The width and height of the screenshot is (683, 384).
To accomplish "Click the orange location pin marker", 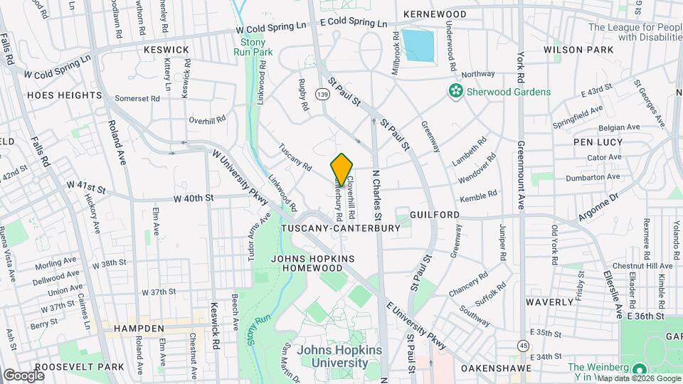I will (341, 169).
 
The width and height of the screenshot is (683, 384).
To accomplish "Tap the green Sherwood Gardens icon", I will (454, 91).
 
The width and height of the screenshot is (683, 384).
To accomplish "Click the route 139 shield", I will (324, 94).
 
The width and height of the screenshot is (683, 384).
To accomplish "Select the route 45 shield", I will (524, 345).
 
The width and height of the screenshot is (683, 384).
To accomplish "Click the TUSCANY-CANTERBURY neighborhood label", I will (341, 228).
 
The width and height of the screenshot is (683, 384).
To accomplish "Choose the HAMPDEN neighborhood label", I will (132, 329).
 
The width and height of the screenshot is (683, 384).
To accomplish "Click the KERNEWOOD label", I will (434, 14).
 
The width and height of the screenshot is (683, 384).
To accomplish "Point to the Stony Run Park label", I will (253, 47).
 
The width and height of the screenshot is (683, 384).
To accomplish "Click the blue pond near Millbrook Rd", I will (418, 45).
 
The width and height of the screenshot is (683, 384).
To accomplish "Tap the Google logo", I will (23, 375).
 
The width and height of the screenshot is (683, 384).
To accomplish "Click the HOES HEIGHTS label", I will (55, 95).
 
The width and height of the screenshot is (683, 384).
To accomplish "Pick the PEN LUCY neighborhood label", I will (598, 142).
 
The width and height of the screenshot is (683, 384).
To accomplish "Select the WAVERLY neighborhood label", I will (549, 302).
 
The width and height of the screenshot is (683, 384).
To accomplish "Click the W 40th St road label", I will (196, 200).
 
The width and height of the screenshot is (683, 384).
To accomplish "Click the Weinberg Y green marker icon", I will (639, 368).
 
